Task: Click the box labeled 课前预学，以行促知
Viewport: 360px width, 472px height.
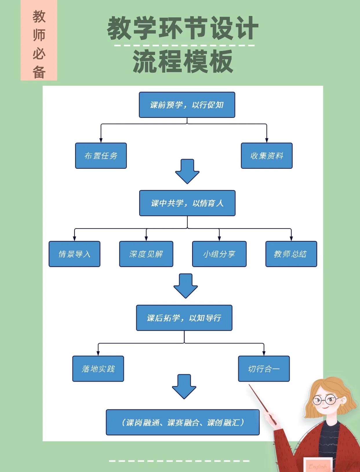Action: tap(187, 105)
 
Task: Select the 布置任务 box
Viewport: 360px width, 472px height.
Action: tap(101, 156)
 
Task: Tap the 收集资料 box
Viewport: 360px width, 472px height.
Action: tap(267, 156)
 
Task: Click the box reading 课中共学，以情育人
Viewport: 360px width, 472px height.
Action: tap(187, 203)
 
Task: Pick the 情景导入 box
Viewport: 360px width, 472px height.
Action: tap(74, 254)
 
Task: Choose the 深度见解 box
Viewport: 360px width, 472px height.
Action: tap(146, 254)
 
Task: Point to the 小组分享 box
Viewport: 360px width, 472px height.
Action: tap(219, 254)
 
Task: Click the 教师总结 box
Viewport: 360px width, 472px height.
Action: tap(291, 254)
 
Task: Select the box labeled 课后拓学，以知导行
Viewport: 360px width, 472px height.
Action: tap(184, 318)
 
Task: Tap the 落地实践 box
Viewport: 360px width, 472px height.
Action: tap(98, 369)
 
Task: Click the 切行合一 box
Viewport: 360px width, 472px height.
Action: tap(264, 369)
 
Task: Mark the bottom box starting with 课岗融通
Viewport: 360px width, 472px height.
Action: tap(183, 422)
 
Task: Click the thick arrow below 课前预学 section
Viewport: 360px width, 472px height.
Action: tap(187, 171)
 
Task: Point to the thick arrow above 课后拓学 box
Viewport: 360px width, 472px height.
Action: tap(186, 286)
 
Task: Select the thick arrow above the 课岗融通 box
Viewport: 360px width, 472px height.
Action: tap(184, 386)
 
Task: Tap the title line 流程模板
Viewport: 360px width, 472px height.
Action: tap(183, 61)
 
